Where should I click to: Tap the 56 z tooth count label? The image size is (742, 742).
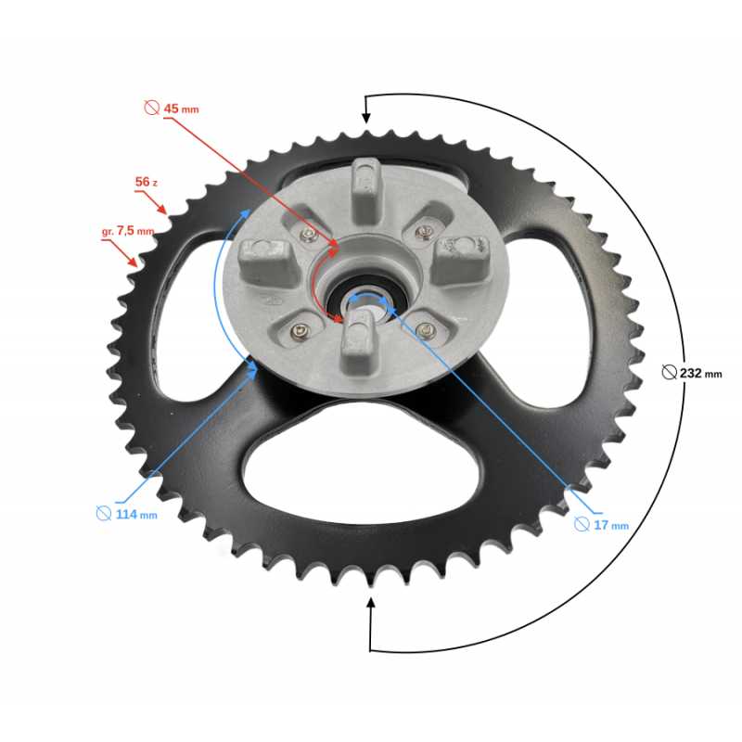(x=147, y=182)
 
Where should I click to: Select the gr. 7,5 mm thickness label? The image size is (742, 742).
(x=128, y=231)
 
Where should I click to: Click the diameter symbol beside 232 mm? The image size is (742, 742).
(x=669, y=373)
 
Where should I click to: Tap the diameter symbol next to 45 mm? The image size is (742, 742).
(x=152, y=108)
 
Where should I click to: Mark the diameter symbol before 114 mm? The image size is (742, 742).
(x=104, y=514)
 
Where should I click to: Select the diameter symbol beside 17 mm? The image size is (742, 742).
(x=582, y=524)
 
